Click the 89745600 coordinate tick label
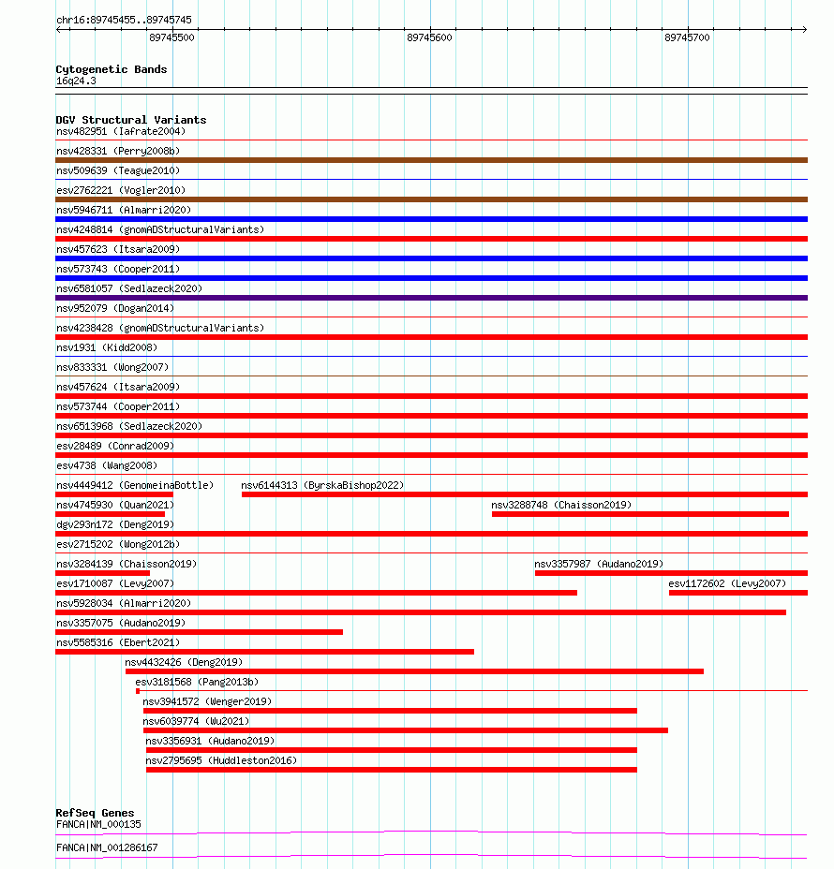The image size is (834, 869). (429, 37)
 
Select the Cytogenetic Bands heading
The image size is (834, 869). (112, 69)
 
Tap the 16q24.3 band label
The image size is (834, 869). (76, 81)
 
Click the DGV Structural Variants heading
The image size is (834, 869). (131, 120)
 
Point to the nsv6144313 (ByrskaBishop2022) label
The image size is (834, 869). (322, 485)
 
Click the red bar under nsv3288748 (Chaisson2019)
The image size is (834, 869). (640, 514)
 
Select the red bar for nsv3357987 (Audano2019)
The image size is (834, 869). (671, 573)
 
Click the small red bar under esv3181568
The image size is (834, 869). (137, 691)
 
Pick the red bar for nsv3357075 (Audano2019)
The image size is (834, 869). (199, 632)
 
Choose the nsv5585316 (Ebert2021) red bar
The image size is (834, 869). (264, 652)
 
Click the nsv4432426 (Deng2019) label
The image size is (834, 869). (184, 662)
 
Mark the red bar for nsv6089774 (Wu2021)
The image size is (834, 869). (405, 730)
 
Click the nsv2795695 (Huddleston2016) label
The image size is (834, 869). (221, 760)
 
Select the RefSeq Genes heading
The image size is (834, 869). (95, 813)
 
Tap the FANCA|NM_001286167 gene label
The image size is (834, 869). (107, 847)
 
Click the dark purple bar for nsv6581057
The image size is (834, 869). (431, 298)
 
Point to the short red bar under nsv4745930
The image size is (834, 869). (110, 514)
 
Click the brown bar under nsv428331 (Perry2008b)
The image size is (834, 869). (431, 160)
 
